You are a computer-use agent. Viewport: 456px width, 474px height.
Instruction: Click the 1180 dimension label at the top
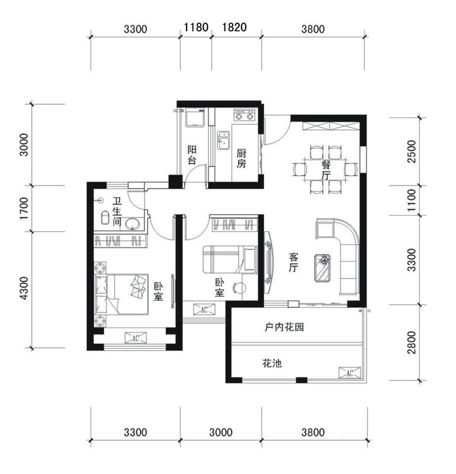pos(196,27)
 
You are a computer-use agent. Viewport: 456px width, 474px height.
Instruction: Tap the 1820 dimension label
pos(234,27)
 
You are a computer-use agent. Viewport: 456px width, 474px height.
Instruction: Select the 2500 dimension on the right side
pos(412,152)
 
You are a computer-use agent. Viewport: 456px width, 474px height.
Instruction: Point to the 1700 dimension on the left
pos(24,209)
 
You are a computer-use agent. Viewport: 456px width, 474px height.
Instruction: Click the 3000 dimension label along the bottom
pos(221,433)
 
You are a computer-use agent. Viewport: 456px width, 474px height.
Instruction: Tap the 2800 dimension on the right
pos(412,342)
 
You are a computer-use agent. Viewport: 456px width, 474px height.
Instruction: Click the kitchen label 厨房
pos(241,158)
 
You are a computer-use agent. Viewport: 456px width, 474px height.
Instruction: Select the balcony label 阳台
pos(192,155)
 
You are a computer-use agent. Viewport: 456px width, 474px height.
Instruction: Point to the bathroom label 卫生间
pos(117,212)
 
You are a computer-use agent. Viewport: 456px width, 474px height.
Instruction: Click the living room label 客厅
pos(293,262)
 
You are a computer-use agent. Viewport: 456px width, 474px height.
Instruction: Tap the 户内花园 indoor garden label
pos(284,327)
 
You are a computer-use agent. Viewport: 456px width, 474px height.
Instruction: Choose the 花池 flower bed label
pos(272,363)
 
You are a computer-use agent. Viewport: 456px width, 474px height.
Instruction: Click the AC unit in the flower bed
pos(349,373)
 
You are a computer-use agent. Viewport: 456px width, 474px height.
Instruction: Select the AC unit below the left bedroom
pos(136,338)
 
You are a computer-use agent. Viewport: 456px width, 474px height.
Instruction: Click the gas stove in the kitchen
pos(245,115)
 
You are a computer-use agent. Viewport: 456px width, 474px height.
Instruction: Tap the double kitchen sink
pos(224,140)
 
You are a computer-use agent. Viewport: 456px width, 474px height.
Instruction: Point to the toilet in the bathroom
pos(105,217)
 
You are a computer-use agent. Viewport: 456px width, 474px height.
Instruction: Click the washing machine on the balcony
pos(195,118)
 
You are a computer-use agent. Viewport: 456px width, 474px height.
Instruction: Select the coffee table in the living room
pos(322,268)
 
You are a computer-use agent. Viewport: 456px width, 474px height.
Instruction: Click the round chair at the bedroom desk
pos(240,288)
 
